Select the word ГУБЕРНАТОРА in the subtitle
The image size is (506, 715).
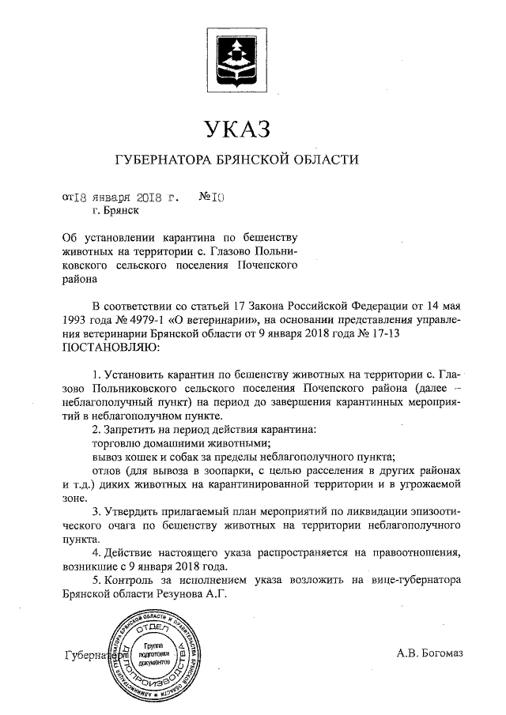pyautogui.click(x=164, y=160)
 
